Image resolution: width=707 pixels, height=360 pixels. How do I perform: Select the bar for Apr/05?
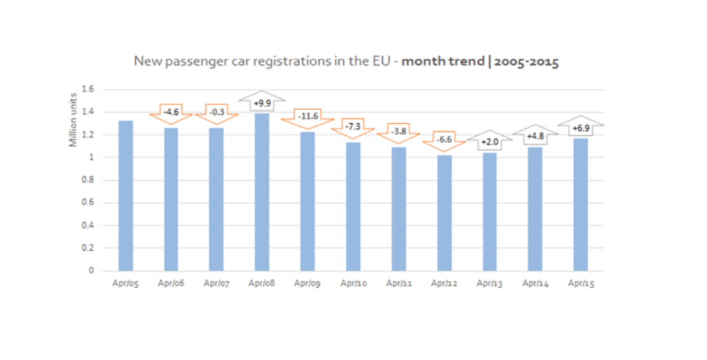[125, 195]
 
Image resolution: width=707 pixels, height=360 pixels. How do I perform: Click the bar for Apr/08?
[262, 192]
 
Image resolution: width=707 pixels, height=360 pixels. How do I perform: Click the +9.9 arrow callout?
[262, 103]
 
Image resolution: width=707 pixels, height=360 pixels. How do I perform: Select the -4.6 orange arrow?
[171, 112]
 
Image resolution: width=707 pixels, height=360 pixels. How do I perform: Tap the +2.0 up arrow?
[489, 142]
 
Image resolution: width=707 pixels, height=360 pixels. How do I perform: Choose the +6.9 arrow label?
[580, 127]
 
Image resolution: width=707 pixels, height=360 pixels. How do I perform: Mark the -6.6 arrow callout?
[444, 140]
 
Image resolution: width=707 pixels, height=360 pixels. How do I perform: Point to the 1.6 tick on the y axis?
[88, 90]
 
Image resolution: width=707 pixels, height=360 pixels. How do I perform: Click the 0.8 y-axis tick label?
[88, 180]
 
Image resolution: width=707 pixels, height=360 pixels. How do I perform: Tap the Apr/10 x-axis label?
[353, 284]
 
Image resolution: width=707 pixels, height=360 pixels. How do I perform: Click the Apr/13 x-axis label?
[489, 284]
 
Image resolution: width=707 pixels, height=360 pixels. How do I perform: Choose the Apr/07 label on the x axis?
[216, 284]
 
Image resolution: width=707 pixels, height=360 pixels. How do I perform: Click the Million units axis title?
[73, 126]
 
